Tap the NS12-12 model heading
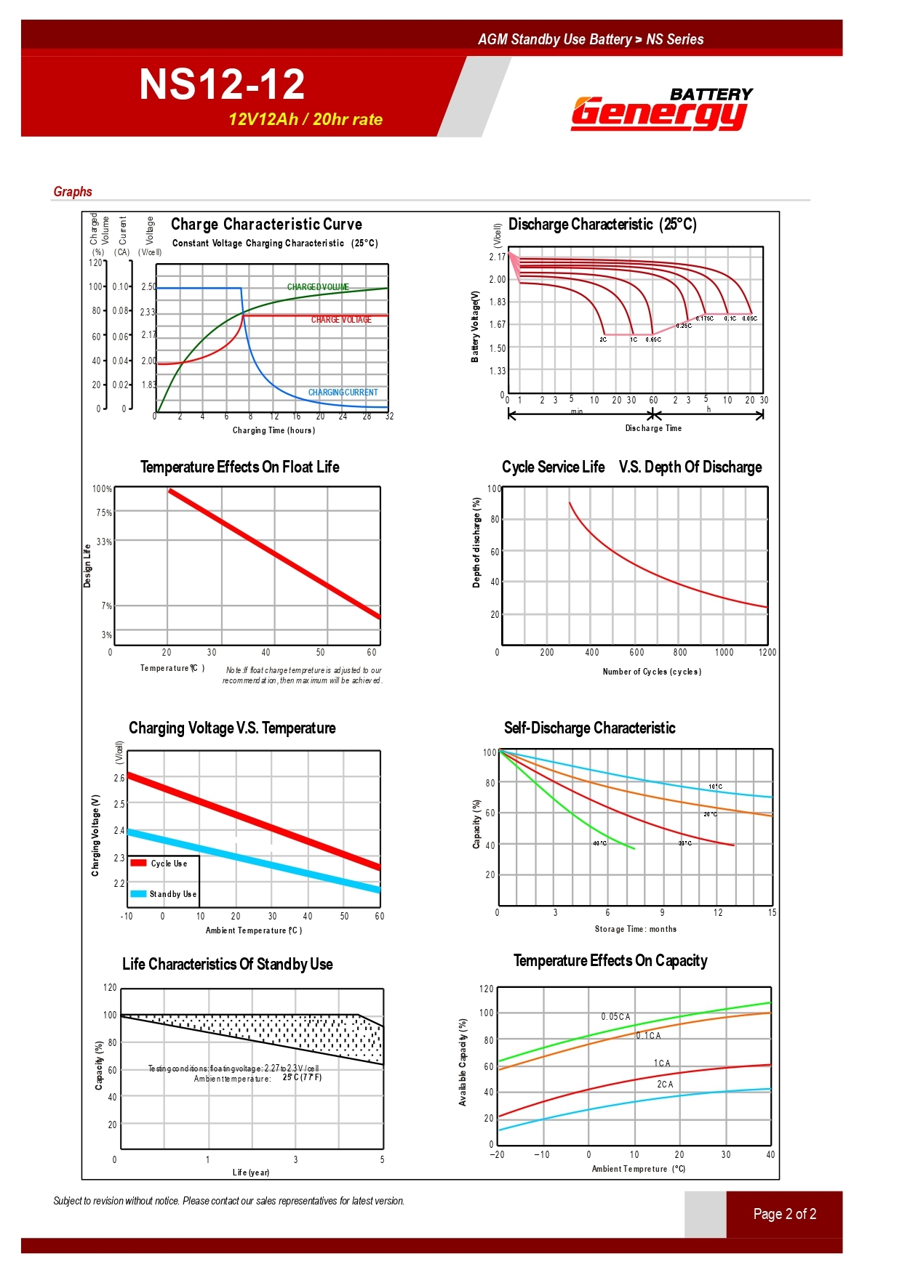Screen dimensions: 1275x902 pos(222,84)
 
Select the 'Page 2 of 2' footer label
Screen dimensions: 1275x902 pos(784,1214)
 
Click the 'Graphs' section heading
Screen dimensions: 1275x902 pos(73,191)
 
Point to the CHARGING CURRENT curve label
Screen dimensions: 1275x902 pos(343,393)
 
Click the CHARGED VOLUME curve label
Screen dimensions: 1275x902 pos(318,287)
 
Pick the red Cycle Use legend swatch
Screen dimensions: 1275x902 pos(139,863)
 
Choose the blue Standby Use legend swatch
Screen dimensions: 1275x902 pos(139,893)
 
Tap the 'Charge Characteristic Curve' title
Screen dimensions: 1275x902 pos(266,224)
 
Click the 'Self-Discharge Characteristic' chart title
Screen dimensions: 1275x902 pos(589,728)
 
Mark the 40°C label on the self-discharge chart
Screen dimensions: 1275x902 pos(599,843)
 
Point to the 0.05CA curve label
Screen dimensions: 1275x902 pos(615,1016)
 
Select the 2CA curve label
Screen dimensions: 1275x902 pos(665,1084)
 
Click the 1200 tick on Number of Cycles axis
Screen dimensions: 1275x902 pos(767,652)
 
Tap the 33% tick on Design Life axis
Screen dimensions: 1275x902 pos(104,542)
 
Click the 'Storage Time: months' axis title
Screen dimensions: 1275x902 pos(635,929)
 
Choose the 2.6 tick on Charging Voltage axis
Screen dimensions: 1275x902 pos(119,778)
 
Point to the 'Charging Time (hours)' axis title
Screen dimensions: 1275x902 pos(274,430)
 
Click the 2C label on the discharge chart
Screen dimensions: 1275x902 pos(603,339)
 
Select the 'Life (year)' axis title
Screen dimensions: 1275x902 pos(251,1172)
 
